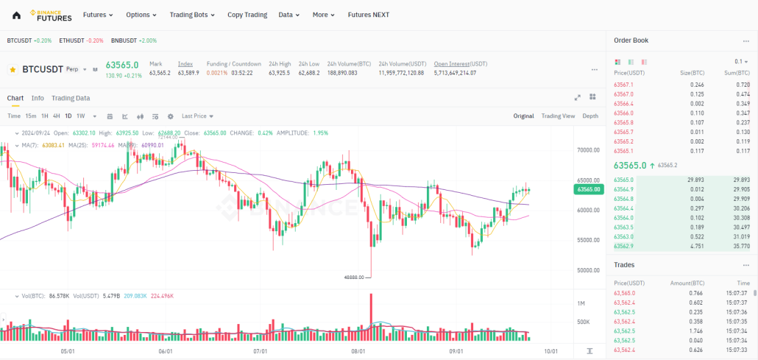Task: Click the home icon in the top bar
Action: [16, 15]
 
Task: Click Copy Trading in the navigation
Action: [247, 15]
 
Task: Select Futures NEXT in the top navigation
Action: [368, 15]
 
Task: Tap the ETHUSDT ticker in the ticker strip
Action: [81, 40]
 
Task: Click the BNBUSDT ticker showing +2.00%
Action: [134, 40]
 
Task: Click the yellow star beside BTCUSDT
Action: [13, 69]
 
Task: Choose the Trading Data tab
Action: [71, 98]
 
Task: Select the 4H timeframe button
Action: [57, 116]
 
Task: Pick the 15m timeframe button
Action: [31, 116]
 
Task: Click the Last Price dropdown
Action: [197, 116]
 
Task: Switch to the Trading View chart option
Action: [558, 116]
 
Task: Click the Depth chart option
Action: [590, 116]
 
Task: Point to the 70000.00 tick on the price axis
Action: [589, 150]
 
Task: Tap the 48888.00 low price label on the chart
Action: [355, 277]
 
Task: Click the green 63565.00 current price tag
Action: [589, 190]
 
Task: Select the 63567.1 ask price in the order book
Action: [623, 85]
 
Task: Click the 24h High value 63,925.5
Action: [279, 73]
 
